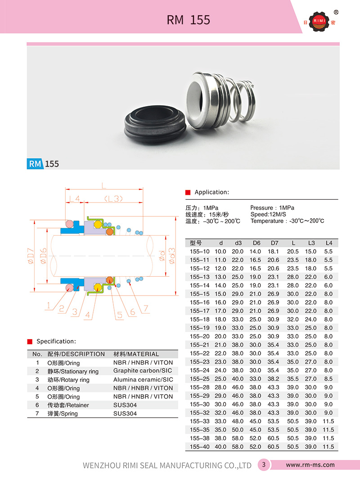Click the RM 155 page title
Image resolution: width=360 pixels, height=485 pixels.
coord(188,20)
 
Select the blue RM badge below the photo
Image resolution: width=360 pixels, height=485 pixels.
coord(35,163)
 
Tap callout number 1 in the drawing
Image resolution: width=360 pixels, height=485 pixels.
coord(48,306)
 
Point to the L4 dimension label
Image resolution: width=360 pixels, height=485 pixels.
coord(74,198)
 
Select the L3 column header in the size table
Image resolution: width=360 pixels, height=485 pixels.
coord(311,243)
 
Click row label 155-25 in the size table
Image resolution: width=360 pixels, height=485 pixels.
coord(200,378)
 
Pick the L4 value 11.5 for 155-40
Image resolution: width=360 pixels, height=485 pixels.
coord(329,446)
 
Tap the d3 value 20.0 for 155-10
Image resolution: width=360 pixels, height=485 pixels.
coord(238,251)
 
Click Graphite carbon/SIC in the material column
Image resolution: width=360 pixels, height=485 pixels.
coord(143,371)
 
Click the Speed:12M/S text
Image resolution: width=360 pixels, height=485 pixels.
coord(268,214)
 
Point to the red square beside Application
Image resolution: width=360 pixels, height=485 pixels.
coord(188,192)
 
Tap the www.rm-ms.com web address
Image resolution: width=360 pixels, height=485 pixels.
coord(310,465)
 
